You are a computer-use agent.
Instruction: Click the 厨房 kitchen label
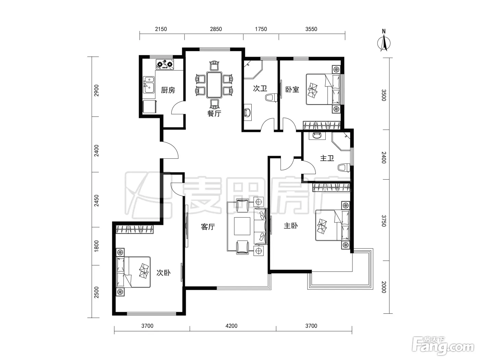[x=168, y=90]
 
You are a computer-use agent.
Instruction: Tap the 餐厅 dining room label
[x=214, y=113]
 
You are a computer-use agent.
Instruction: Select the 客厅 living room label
[x=208, y=227]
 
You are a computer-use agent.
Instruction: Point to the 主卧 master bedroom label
[x=291, y=226]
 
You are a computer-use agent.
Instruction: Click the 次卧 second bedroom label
[x=164, y=273]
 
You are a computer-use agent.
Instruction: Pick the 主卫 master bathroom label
[x=327, y=158]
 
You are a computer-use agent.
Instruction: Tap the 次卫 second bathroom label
[x=260, y=88]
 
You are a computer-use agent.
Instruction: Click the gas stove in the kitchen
[x=165, y=64]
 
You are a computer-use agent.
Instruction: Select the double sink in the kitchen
[x=149, y=85]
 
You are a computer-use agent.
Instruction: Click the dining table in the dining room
[x=214, y=85]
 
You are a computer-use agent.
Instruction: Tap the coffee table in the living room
[x=242, y=226]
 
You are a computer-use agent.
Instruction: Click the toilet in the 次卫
[x=271, y=98]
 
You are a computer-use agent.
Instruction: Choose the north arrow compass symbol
[x=384, y=41]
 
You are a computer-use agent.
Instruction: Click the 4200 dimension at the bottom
[x=231, y=326]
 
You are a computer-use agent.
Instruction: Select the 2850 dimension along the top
[x=216, y=29]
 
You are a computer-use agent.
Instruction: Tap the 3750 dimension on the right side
[x=384, y=221]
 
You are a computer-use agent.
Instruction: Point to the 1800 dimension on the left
[x=96, y=246]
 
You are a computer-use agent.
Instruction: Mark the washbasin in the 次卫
[x=248, y=112]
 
